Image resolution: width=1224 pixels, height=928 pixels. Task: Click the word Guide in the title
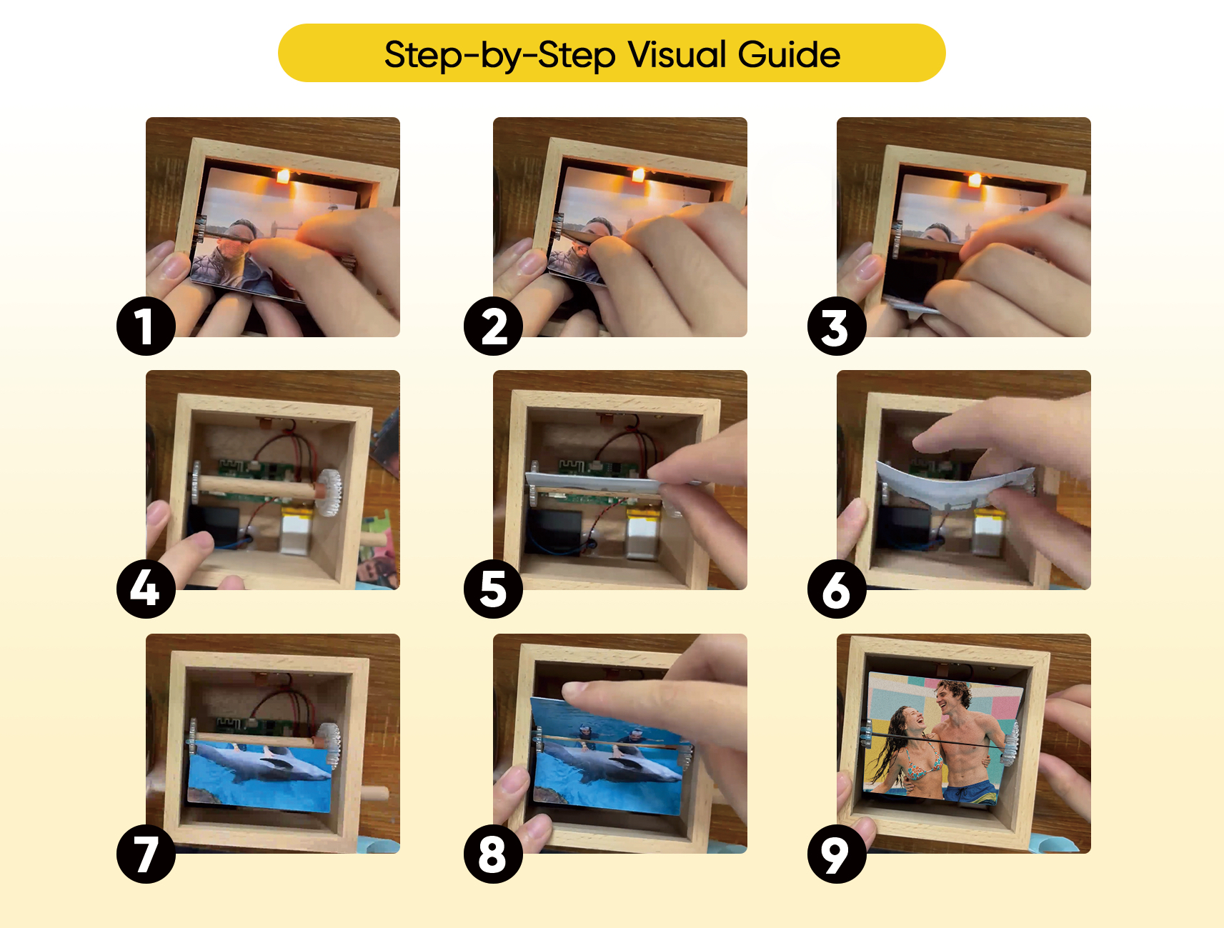(789, 54)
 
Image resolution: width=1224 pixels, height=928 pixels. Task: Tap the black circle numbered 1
(146, 326)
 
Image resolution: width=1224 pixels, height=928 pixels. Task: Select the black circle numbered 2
(493, 326)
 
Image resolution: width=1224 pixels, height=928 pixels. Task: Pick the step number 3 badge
(837, 326)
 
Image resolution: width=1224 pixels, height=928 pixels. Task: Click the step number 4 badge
(146, 589)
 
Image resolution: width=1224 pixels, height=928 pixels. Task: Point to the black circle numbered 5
(493, 589)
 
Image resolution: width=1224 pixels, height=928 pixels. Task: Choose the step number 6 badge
(837, 589)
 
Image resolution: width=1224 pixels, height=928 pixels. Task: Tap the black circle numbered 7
(146, 854)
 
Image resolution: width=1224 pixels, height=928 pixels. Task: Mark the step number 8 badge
(493, 854)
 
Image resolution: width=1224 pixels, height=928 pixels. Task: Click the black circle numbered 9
(837, 854)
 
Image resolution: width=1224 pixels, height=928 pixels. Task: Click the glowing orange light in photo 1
(283, 175)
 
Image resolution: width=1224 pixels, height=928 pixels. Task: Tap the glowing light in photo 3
(974, 179)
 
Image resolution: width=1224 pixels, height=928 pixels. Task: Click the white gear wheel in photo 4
(329, 492)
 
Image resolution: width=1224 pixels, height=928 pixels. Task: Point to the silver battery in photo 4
(296, 532)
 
